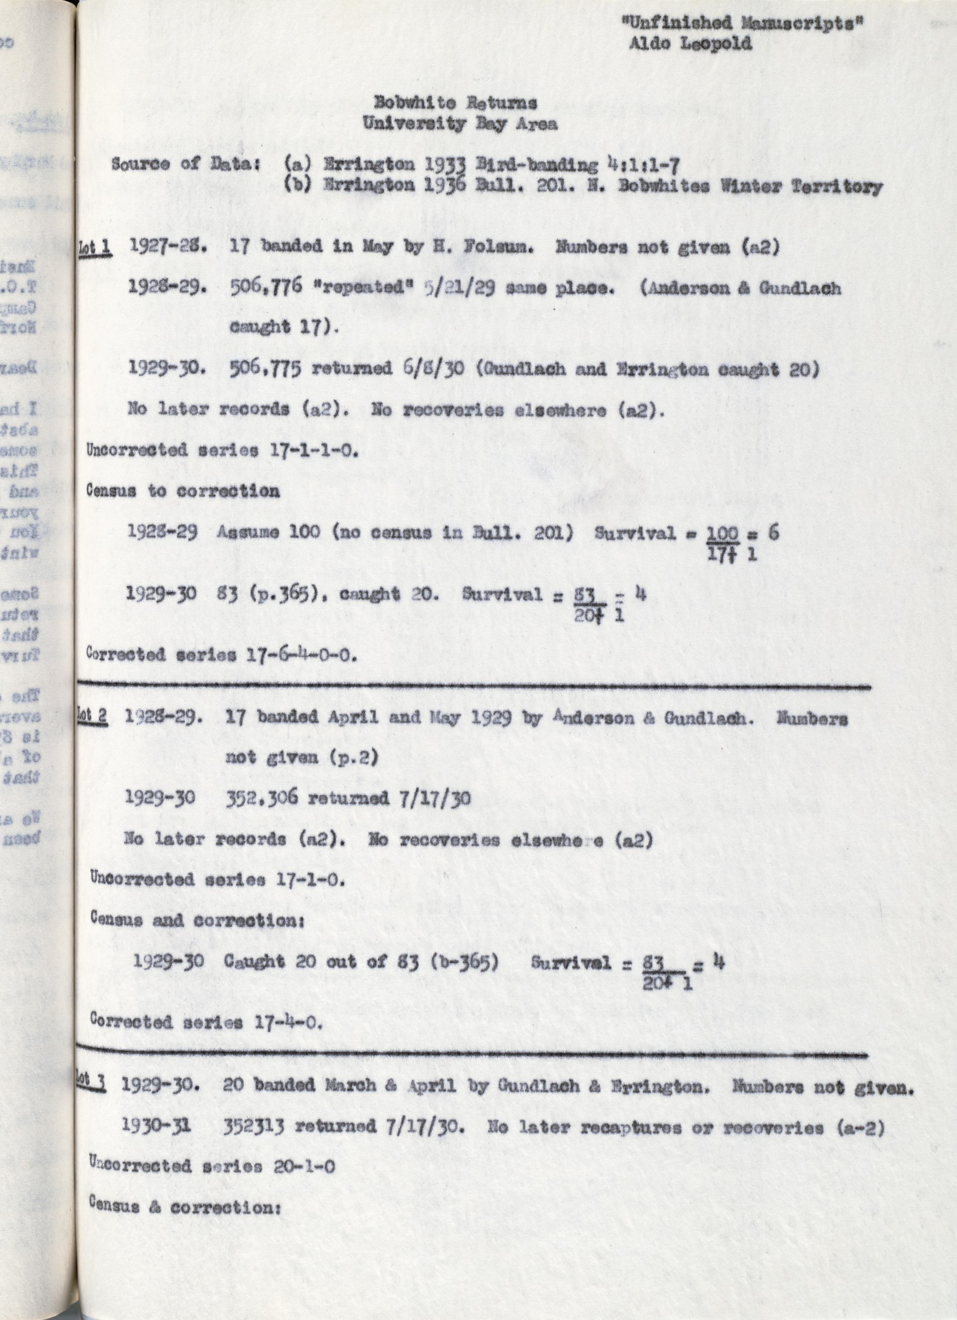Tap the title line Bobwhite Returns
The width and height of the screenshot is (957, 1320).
(456, 103)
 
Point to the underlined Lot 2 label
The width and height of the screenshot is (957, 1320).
(93, 717)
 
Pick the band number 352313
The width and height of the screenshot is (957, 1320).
(254, 1127)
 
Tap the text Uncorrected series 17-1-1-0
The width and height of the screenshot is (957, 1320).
(221, 451)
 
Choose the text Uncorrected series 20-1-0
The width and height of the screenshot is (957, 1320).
(212, 1166)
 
